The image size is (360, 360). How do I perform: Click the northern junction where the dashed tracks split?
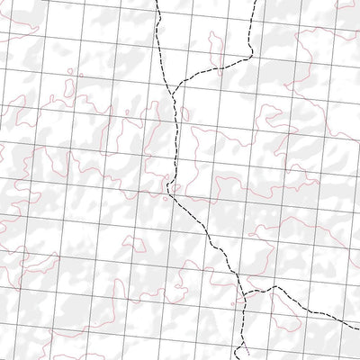pos(171,88)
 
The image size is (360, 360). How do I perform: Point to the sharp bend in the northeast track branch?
pos(248,57)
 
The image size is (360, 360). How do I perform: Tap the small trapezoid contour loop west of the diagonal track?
pos(135,244)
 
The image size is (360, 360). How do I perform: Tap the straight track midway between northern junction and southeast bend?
pos(173,139)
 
